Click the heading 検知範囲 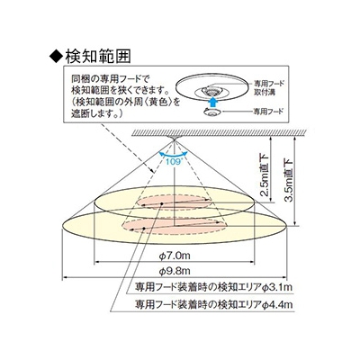click(98, 56)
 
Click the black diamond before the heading click(56, 57)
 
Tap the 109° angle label click(174, 161)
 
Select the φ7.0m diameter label click(175, 256)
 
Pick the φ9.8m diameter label click(175, 271)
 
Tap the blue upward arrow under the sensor click(212, 101)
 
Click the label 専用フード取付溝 click(269, 87)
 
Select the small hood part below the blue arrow click(212, 112)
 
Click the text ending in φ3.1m click(213, 287)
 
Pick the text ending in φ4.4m click(213, 304)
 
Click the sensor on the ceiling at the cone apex click(174, 138)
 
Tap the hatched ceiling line click(219, 132)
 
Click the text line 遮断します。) click(96, 113)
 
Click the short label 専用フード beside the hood click(268, 112)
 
